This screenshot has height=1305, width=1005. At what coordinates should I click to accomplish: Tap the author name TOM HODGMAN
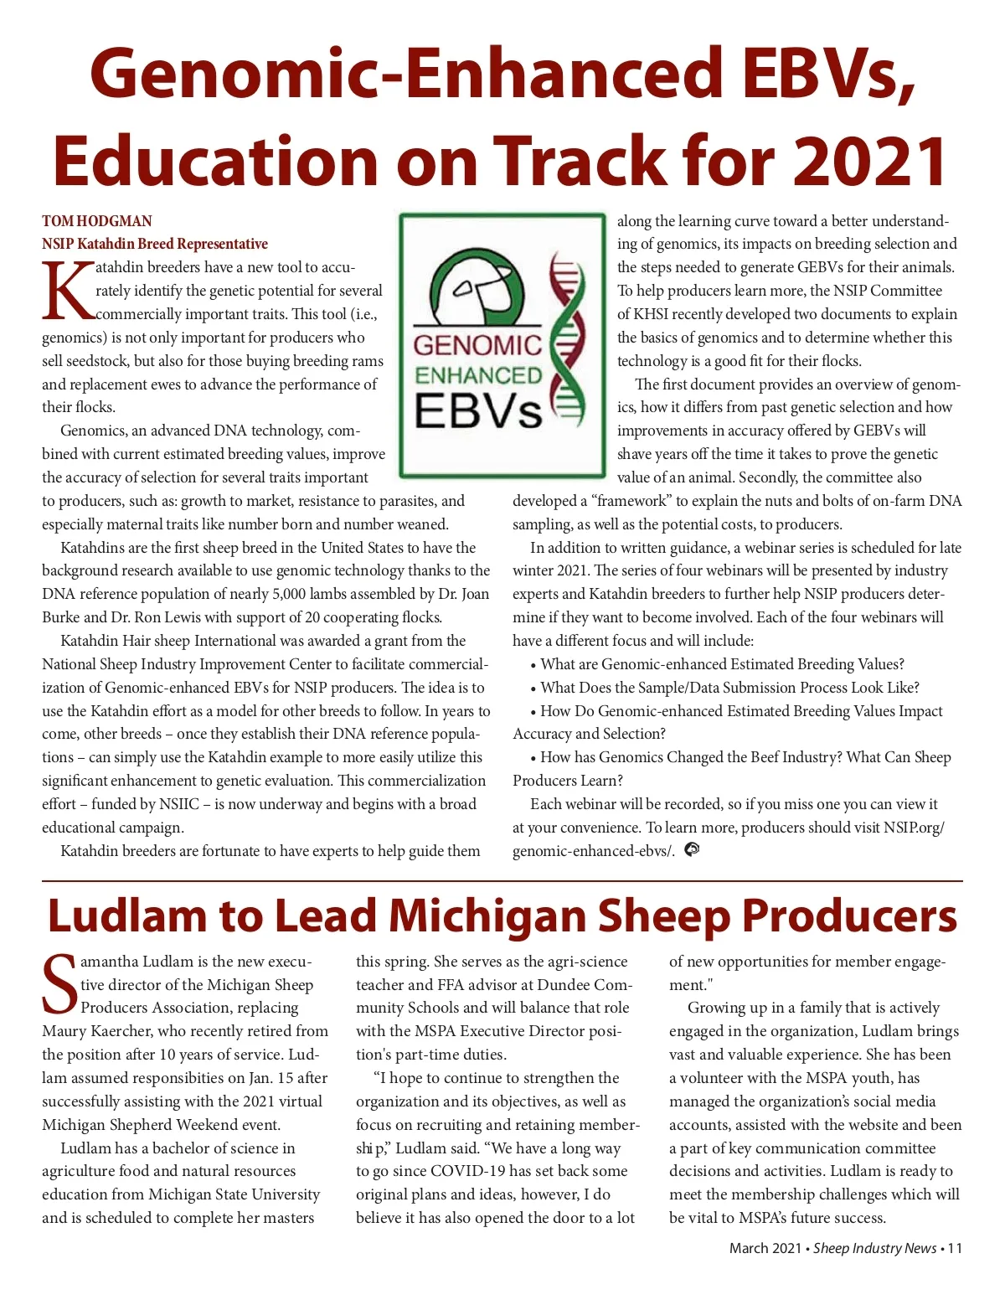[97, 221]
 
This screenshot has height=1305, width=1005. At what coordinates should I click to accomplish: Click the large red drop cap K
[67, 292]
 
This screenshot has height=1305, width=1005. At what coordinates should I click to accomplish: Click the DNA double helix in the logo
[566, 339]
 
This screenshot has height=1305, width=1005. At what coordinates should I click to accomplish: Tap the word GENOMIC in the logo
[477, 345]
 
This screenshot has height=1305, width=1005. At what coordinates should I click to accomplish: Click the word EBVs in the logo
[478, 411]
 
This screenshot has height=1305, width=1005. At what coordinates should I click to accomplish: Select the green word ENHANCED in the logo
[478, 375]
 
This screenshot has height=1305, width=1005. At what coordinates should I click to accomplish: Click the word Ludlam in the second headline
[126, 916]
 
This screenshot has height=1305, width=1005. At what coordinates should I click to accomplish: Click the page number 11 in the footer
[955, 1248]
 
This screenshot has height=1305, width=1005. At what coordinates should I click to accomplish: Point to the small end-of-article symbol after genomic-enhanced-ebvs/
[692, 850]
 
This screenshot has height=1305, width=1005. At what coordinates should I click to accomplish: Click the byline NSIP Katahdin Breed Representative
[155, 244]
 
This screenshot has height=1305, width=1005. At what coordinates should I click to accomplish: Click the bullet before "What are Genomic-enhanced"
[533, 665]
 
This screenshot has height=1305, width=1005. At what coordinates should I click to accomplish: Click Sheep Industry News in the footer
[874, 1248]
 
